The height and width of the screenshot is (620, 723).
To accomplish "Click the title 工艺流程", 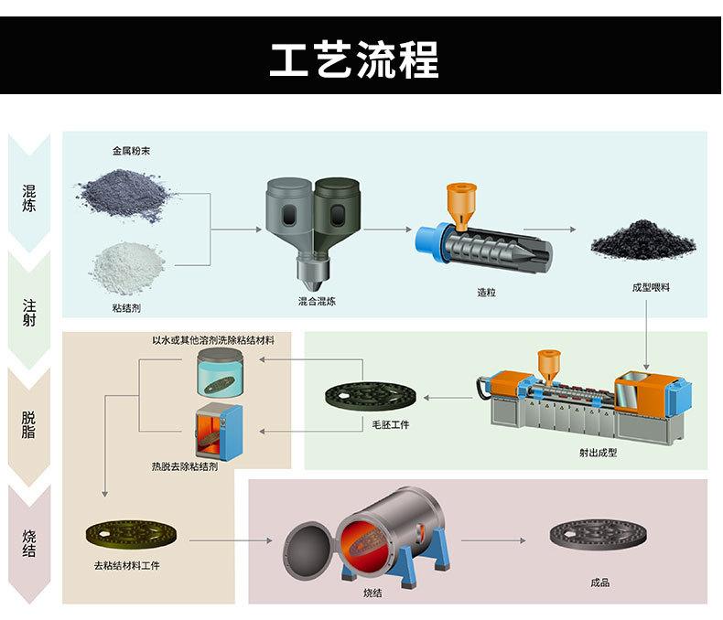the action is click(353, 59).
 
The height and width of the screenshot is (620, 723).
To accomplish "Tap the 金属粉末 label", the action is click(132, 151).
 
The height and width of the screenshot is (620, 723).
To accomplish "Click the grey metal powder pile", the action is click(124, 195).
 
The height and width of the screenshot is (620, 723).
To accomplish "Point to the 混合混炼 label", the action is click(317, 302).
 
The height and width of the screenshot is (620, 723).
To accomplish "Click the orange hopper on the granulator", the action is click(461, 207).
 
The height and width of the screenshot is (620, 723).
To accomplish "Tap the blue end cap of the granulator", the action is click(430, 242).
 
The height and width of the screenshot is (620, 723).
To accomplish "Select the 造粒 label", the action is click(487, 292).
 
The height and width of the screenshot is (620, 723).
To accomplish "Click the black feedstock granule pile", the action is click(643, 241).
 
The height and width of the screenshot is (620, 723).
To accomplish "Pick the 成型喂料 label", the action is click(651, 287).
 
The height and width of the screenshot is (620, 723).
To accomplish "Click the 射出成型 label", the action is click(598, 453).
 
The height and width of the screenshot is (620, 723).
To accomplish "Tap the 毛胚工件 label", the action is click(391, 424).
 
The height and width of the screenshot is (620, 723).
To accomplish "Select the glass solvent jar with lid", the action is click(220, 372).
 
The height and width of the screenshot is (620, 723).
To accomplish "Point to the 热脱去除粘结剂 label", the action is click(185, 466).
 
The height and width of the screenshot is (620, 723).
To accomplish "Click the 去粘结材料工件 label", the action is click(127, 566).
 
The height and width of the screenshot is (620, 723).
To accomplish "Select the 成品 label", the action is click(599, 583).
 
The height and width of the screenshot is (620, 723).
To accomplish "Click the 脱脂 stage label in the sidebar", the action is click(28, 424).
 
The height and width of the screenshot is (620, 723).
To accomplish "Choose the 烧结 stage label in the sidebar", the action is click(28, 543).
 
